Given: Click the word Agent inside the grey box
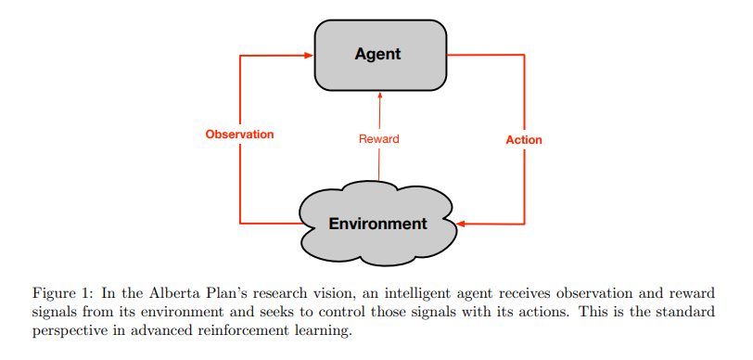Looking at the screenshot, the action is [x=378, y=55].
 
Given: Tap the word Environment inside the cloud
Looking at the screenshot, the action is [x=378, y=224].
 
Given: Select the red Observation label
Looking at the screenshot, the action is [x=239, y=135].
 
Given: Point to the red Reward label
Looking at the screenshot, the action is [x=379, y=139].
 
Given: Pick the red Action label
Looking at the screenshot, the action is [x=524, y=140].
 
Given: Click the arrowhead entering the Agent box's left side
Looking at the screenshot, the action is [x=310, y=56].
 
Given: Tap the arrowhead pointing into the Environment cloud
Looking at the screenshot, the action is [x=461, y=224].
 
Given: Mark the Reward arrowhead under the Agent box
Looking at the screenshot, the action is [x=380, y=95].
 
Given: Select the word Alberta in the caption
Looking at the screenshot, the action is [x=163, y=293].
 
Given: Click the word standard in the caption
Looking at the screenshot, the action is [x=691, y=313].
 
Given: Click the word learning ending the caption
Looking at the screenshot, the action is [x=327, y=332].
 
